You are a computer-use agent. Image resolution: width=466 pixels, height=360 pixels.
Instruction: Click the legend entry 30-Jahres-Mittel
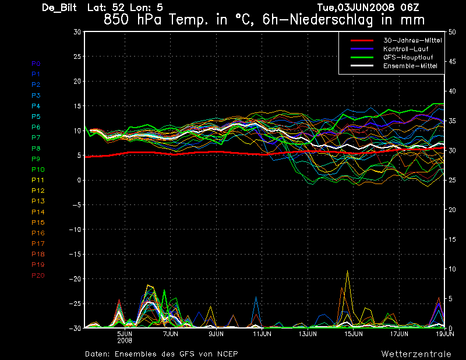(x=411, y=40)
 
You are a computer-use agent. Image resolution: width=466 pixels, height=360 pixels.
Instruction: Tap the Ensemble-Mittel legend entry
(x=410, y=66)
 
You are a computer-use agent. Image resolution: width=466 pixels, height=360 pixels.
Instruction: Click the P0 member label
(x=36, y=63)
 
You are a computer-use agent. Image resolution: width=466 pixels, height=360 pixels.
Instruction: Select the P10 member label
(x=37, y=170)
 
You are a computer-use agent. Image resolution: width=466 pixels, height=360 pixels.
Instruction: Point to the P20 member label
(x=37, y=276)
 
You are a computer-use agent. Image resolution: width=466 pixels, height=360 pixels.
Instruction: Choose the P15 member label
(x=37, y=223)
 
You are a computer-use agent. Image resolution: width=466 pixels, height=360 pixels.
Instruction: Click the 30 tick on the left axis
(x=77, y=32)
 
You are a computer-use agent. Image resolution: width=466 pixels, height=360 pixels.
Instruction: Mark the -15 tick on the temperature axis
(x=75, y=255)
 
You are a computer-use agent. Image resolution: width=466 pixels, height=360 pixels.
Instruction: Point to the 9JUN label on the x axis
(x=217, y=334)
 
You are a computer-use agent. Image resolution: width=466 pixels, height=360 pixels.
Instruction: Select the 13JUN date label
(x=308, y=334)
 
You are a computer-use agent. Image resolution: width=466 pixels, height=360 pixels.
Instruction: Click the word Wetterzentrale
(x=416, y=354)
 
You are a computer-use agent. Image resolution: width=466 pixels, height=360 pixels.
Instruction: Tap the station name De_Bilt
(x=61, y=8)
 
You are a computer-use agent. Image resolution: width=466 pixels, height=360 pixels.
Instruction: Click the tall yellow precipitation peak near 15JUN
(x=348, y=271)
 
